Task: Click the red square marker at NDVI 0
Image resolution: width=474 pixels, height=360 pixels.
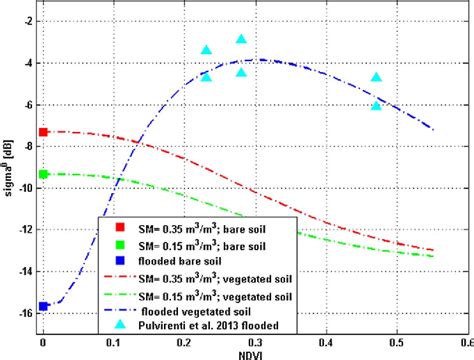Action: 43,132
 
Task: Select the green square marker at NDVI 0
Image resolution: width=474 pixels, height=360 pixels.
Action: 43,174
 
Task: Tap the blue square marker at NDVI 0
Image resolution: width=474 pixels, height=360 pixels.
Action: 43,306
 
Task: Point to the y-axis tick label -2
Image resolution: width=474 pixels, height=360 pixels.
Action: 28,20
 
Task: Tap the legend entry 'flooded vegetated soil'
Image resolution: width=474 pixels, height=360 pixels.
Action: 217,308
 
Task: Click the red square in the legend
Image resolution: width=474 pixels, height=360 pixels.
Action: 119,227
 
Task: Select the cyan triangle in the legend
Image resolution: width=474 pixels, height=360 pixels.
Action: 119,323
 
